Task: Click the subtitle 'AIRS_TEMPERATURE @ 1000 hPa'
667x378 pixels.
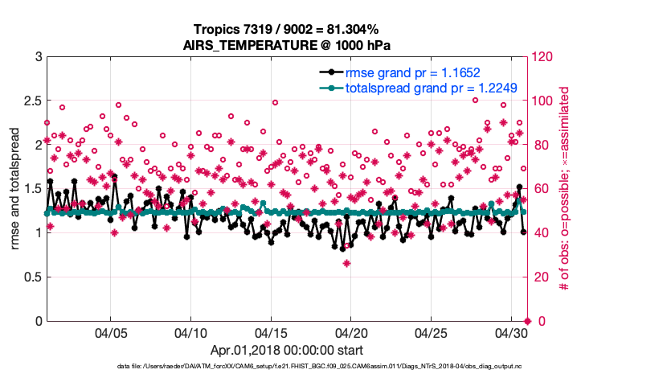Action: pos(286,44)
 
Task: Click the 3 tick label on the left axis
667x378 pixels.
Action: pos(38,57)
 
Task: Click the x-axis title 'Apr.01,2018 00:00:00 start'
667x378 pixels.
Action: pos(286,350)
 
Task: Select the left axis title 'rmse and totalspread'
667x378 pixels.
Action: pos(15,189)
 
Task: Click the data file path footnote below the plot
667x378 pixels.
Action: pos(319,366)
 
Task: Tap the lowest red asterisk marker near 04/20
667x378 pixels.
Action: pos(346,263)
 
